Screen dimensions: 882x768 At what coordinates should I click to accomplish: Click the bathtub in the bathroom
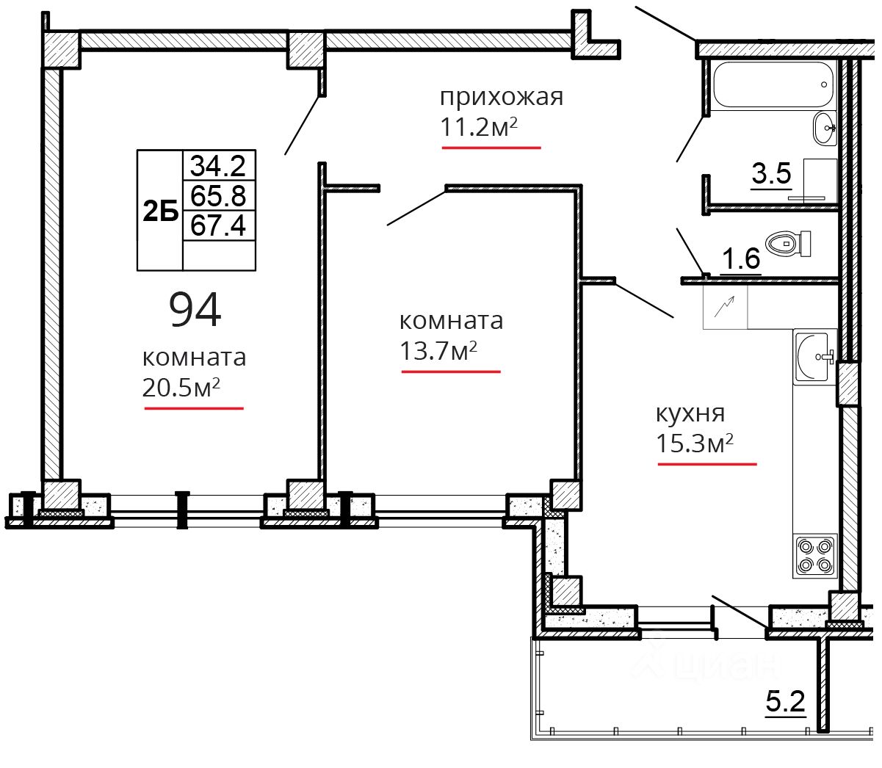point(773,84)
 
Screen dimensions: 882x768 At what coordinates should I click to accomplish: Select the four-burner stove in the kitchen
point(814,556)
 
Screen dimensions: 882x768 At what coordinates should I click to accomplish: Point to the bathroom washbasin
point(825,128)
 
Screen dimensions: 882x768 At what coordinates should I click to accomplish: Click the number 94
point(195,310)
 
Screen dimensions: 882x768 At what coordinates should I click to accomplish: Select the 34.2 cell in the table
point(219,165)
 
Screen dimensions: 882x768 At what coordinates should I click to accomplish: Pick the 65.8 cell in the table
point(219,195)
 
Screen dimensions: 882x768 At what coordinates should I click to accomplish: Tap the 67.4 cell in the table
point(219,225)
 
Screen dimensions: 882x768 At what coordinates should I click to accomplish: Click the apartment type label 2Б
point(160,211)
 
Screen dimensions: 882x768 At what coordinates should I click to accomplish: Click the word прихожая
point(502,98)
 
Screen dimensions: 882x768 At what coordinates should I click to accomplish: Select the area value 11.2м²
point(479,127)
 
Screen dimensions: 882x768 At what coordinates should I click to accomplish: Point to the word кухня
point(690,413)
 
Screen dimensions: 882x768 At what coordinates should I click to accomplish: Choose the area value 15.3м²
point(695,443)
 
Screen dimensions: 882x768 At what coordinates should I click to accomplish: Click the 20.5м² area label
point(181,388)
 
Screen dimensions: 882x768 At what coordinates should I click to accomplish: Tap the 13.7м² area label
point(438,350)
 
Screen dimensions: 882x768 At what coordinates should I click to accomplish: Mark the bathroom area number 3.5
point(771,173)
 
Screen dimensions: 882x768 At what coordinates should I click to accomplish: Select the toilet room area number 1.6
point(740,258)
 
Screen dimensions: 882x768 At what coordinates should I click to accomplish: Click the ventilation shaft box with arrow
point(725,307)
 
